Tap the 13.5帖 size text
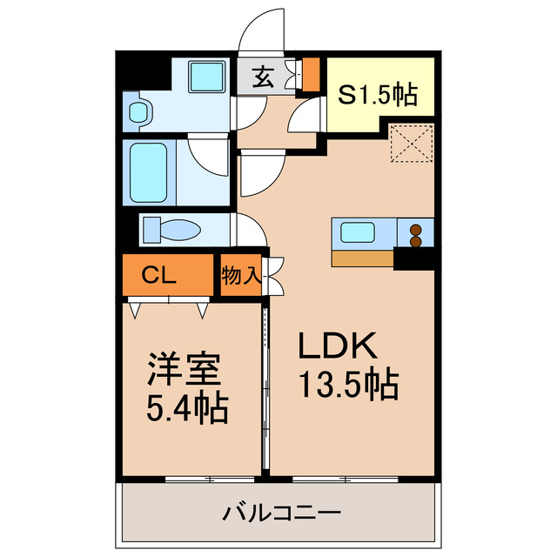(348, 383)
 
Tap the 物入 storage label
(239, 277)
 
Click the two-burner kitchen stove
(416, 234)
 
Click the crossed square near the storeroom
(411, 144)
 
